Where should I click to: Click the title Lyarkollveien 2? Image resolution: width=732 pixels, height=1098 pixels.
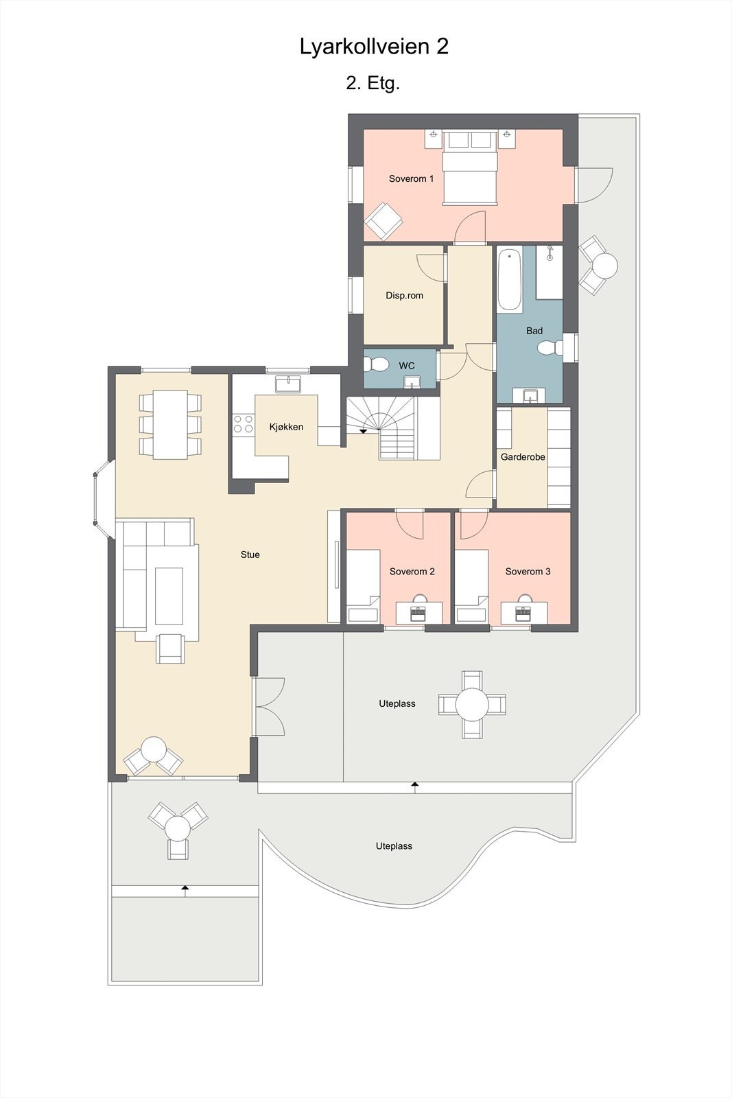374,47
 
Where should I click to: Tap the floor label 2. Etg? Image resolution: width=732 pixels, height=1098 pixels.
373,84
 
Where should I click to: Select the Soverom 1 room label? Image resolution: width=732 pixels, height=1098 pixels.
411,179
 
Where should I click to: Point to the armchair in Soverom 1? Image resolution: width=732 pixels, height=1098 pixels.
383,221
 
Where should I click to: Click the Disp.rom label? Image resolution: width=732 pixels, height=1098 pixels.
404,296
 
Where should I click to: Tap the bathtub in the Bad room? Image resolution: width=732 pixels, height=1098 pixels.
509,280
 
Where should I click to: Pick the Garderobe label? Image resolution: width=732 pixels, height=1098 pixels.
523,457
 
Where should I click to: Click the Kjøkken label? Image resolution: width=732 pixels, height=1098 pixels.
286,427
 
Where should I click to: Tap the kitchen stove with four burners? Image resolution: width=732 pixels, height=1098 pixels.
242,423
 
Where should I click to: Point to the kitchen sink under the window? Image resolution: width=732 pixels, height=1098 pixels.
287,383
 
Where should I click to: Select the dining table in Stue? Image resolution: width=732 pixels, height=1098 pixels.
170,424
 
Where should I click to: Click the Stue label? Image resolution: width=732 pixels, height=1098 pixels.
250,554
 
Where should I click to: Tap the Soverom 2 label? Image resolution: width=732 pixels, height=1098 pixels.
412,572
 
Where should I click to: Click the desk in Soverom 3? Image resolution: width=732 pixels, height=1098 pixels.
524,612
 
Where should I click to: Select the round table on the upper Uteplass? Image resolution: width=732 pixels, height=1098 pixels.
472,704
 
